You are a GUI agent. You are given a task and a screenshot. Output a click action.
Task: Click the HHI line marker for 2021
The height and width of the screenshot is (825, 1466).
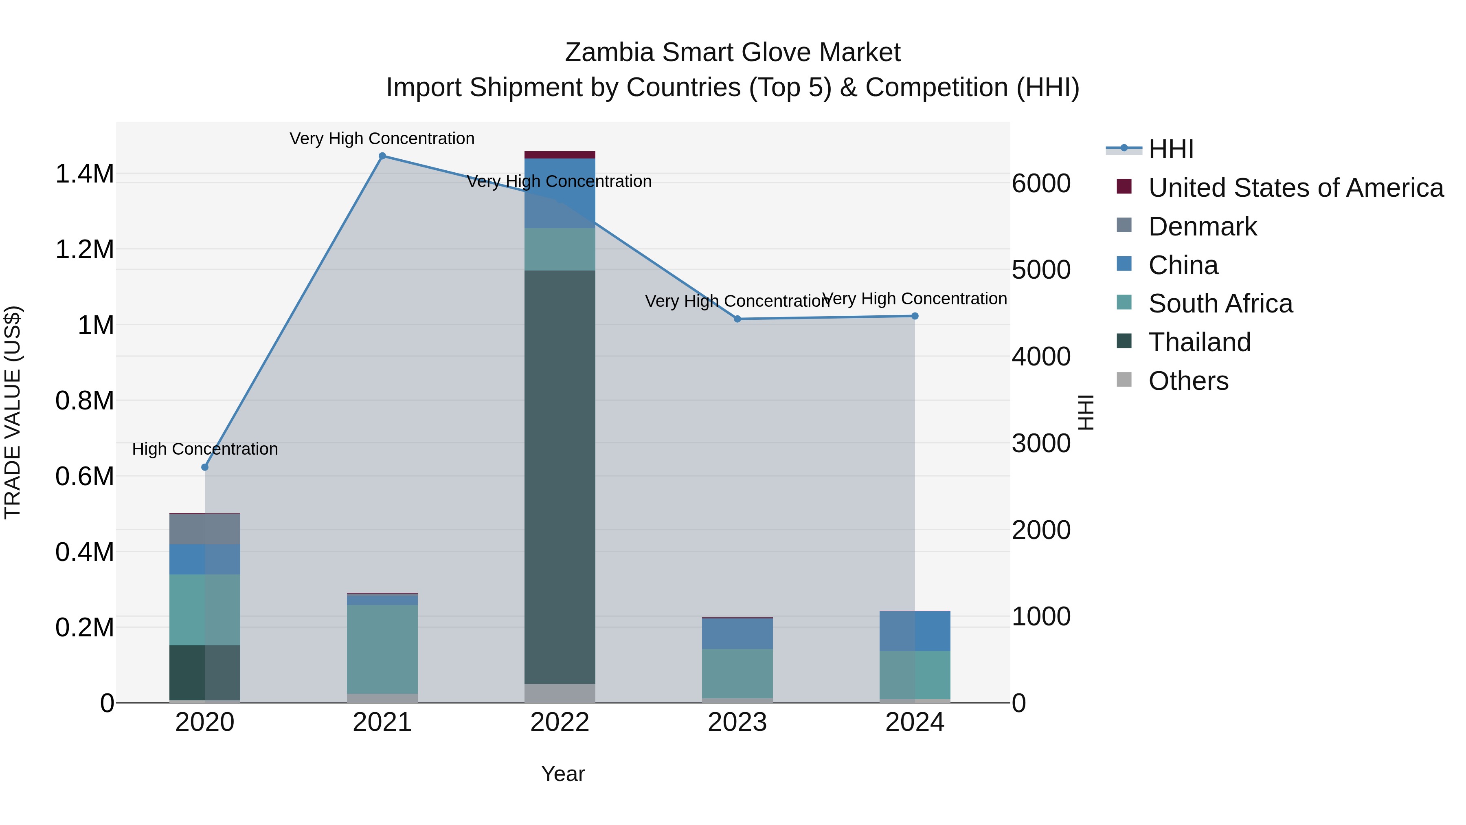pyautogui.click(x=382, y=156)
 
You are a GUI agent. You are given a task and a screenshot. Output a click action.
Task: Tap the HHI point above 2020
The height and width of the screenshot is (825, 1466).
pyautogui.click(x=205, y=467)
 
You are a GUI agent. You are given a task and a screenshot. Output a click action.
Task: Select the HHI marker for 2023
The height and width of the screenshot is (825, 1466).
pyautogui.click(x=737, y=319)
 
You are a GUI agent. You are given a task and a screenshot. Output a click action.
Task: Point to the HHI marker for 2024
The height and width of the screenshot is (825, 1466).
pyautogui.click(x=915, y=316)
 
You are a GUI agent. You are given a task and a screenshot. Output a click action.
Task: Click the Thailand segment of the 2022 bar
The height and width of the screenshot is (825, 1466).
pyautogui.click(x=560, y=477)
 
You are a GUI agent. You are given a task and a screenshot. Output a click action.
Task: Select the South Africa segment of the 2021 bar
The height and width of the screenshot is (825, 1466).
pyautogui.click(x=382, y=649)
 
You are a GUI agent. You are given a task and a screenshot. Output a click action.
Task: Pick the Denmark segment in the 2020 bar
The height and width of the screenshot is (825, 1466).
pyautogui.click(x=205, y=529)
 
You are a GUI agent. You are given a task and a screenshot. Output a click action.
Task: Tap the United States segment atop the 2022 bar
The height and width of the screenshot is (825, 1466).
pyautogui.click(x=560, y=155)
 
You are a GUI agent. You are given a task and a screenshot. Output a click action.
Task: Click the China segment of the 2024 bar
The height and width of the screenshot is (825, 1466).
pyautogui.click(x=915, y=631)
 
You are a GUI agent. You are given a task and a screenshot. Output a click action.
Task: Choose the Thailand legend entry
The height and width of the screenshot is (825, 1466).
pyautogui.click(x=1199, y=342)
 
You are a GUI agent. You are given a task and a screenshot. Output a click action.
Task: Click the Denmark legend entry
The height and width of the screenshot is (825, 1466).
pyautogui.click(x=1202, y=227)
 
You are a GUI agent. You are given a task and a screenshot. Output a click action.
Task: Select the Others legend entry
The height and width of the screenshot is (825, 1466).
pyautogui.click(x=1188, y=381)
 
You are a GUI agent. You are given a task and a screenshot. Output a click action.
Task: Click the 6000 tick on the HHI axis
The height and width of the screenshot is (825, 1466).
pyautogui.click(x=1041, y=183)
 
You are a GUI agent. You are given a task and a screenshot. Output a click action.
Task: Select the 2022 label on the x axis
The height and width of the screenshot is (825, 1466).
pyautogui.click(x=560, y=722)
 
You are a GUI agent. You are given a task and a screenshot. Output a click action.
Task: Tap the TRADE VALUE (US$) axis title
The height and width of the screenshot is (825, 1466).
pyautogui.click(x=13, y=412)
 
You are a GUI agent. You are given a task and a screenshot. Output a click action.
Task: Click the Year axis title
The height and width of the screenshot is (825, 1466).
pyautogui.click(x=563, y=774)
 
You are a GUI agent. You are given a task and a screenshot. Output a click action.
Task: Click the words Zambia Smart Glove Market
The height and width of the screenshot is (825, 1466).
pyautogui.click(x=733, y=53)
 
